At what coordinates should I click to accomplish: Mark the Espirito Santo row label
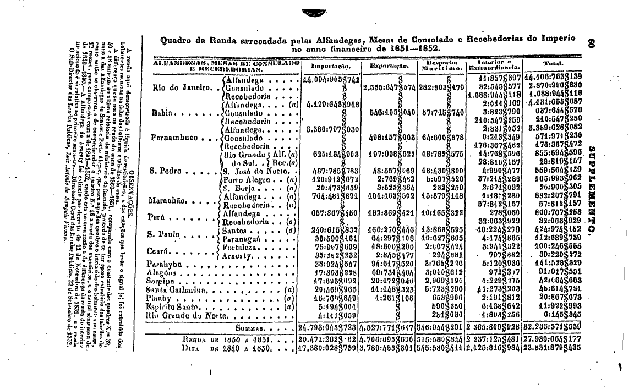[x=175, y=307]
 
